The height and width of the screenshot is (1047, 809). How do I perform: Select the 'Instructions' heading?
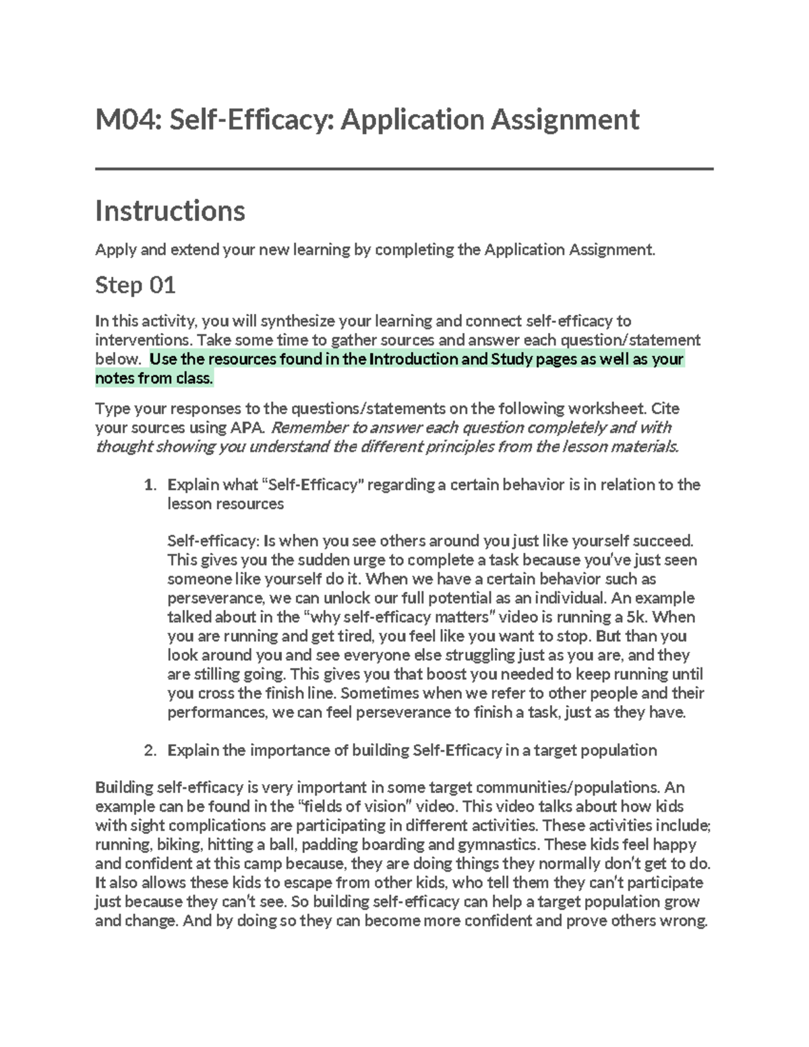pos(170,211)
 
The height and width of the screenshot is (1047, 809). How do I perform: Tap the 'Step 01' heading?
pos(136,285)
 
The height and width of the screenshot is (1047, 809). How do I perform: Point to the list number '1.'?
pos(150,485)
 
